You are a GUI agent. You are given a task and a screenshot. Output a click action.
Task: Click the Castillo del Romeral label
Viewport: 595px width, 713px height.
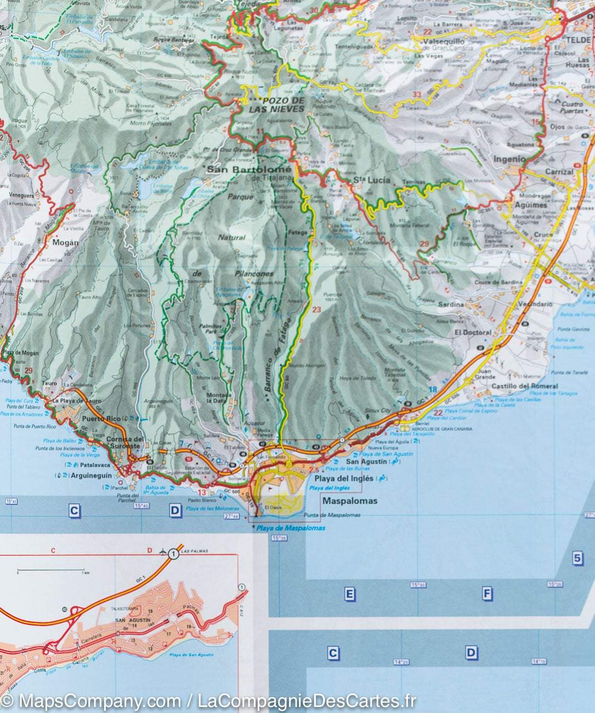pos(525,387)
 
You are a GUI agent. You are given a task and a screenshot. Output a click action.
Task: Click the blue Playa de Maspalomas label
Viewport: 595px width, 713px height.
pos(290,528)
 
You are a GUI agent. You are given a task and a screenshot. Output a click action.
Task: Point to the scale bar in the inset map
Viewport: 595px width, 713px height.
pos(50,569)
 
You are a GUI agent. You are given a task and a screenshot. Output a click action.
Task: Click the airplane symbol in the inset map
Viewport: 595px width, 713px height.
pos(163,550)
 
